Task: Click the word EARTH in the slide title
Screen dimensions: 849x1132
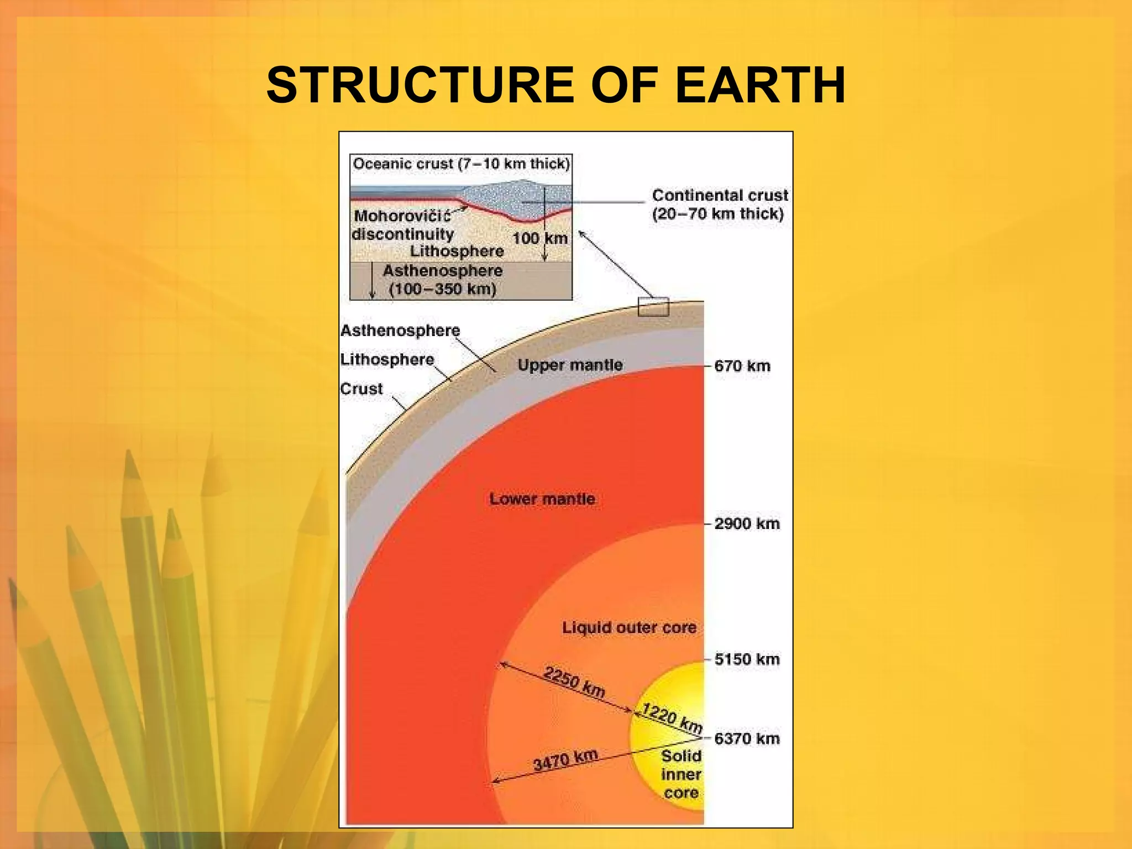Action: pyautogui.click(x=760, y=86)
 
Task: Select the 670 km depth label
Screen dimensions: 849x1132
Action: pyautogui.click(x=742, y=366)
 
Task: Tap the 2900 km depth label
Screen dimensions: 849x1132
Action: pyautogui.click(x=747, y=523)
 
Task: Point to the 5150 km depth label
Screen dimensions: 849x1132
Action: pyautogui.click(x=747, y=659)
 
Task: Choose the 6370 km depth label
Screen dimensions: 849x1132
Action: pyautogui.click(x=747, y=738)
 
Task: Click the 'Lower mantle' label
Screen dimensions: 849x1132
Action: pyautogui.click(x=542, y=499)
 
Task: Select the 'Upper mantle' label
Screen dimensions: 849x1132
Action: pyautogui.click(x=570, y=365)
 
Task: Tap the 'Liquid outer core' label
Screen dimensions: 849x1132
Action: pyautogui.click(x=629, y=628)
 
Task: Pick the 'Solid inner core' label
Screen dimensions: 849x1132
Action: pyautogui.click(x=681, y=774)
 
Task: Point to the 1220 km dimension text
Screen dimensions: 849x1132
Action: pyautogui.click(x=672, y=718)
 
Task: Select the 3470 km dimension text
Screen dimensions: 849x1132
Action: pyautogui.click(x=565, y=760)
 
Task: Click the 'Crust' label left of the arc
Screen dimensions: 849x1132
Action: pyautogui.click(x=361, y=389)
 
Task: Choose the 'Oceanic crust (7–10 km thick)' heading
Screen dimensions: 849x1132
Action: pyautogui.click(x=461, y=164)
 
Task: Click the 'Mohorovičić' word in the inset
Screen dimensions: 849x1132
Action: pyautogui.click(x=402, y=216)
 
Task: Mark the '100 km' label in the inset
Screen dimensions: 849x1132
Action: pyautogui.click(x=540, y=238)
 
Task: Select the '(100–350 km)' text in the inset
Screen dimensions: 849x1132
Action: pyautogui.click(x=442, y=289)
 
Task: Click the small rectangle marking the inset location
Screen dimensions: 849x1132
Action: pyautogui.click(x=653, y=306)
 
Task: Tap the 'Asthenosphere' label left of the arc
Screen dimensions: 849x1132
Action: pyautogui.click(x=400, y=331)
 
